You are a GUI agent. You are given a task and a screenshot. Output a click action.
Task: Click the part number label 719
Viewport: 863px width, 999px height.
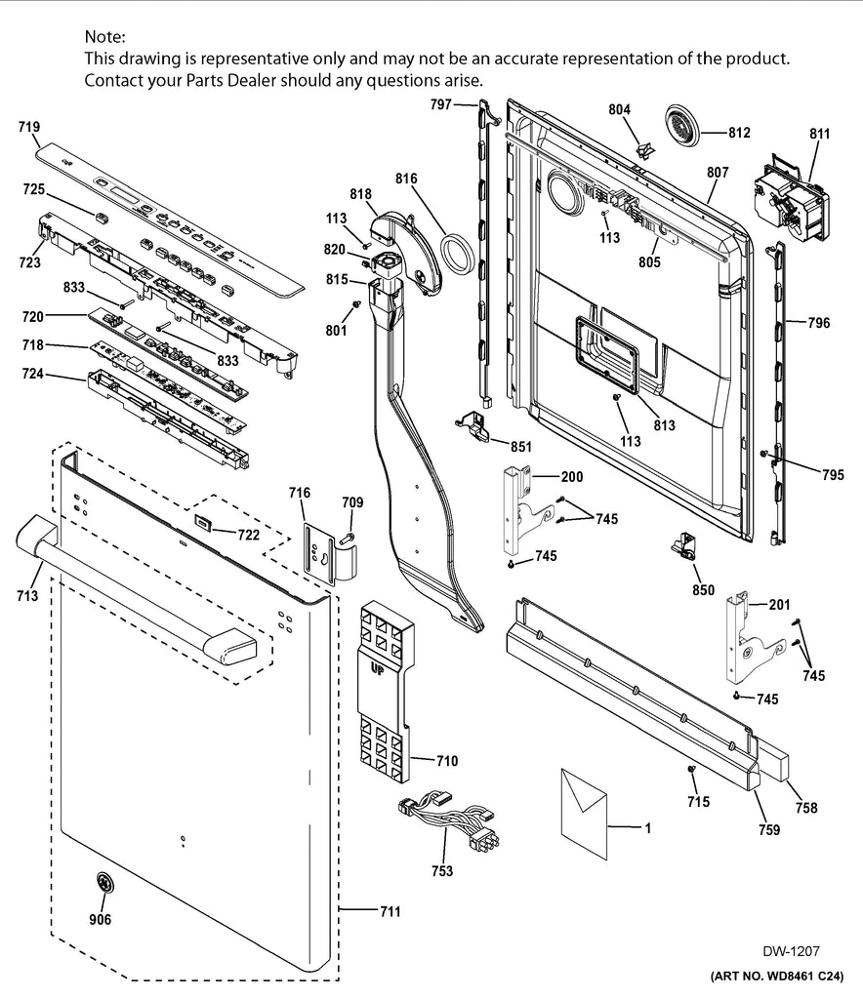coord(28,127)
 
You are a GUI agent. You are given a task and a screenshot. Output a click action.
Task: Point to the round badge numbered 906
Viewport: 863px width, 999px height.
coord(102,883)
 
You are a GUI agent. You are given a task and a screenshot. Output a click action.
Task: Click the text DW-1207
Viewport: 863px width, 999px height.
coord(791,950)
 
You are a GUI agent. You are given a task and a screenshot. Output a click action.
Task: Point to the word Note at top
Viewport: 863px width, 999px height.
coord(104,37)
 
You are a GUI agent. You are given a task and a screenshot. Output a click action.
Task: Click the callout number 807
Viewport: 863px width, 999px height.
coord(718,173)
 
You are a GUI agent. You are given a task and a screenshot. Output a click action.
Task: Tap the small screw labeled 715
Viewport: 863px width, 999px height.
coord(692,771)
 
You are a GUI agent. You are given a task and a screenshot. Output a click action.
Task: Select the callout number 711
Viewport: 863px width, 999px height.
coord(390,912)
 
